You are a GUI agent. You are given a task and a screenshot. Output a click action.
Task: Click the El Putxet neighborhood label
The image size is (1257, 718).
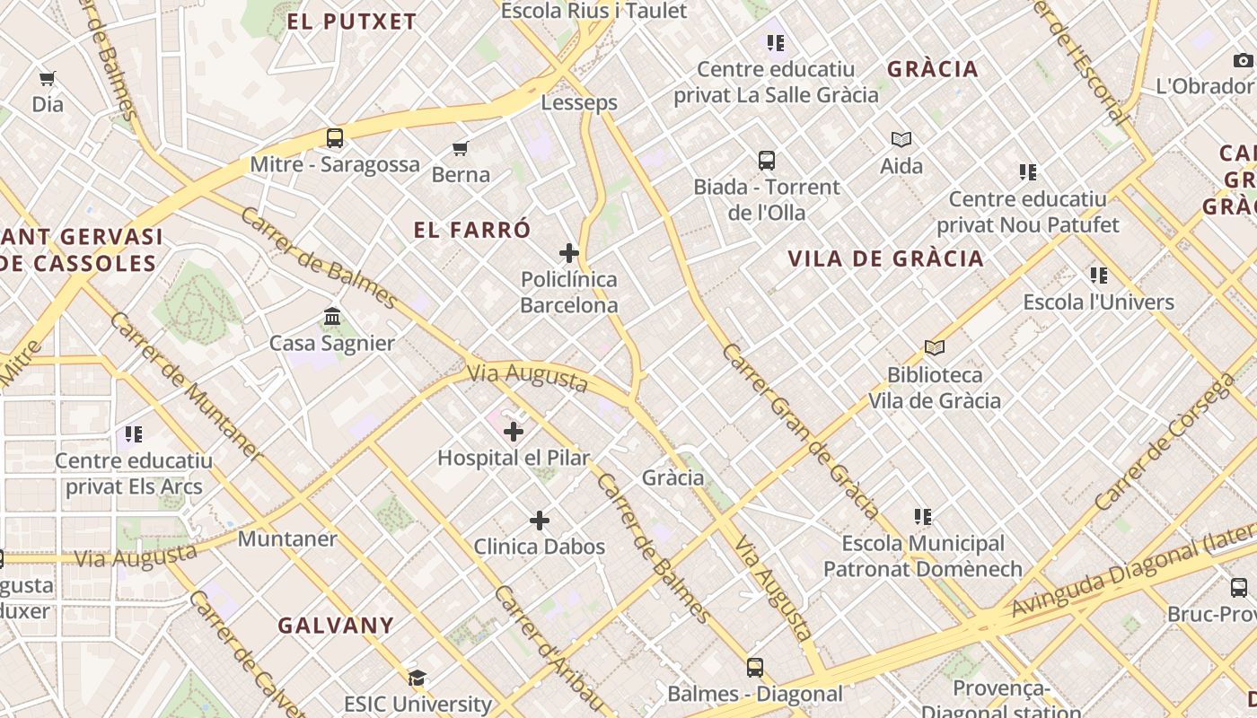(x=352, y=22)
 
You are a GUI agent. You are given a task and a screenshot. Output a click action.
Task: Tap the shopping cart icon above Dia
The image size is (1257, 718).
(x=48, y=79)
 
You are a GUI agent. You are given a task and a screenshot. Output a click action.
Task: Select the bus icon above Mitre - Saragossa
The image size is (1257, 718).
(x=335, y=138)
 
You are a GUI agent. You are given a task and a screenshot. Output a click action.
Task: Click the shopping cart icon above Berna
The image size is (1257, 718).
(x=461, y=148)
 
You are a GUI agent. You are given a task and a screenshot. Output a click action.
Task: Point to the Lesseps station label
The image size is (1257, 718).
(x=579, y=102)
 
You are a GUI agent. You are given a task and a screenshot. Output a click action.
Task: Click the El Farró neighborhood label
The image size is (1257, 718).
(x=472, y=230)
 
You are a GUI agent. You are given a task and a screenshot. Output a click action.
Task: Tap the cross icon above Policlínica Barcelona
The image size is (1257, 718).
(x=568, y=253)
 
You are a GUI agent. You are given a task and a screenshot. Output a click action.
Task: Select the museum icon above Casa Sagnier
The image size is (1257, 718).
(x=332, y=317)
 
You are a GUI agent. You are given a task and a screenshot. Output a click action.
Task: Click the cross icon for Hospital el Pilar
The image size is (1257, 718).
(x=514, y=432)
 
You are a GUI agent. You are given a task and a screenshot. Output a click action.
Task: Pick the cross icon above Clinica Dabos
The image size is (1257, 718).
(x=539, y=521)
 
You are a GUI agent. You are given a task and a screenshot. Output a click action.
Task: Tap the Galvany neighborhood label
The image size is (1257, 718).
(x=336, y=626)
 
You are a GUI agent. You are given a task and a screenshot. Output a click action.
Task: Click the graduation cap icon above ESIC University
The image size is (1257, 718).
(x=417, y=678)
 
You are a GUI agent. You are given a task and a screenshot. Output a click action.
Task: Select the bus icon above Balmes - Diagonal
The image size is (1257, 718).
(x=754, y=668)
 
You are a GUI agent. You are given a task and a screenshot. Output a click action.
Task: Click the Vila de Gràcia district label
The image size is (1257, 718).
(x=885, y=259)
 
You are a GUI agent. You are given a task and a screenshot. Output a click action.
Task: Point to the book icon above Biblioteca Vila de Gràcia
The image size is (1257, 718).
(x=935, y=347)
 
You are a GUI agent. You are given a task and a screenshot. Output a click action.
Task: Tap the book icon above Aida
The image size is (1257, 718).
(x=901, y=139)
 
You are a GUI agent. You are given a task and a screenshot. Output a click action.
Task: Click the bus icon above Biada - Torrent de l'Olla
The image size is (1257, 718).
(x=766, y=161)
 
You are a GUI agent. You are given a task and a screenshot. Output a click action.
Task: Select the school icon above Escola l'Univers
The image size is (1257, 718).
(x=1099, y=276)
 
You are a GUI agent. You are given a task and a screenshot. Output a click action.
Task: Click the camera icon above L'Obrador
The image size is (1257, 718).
(x=1243, y=60)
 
